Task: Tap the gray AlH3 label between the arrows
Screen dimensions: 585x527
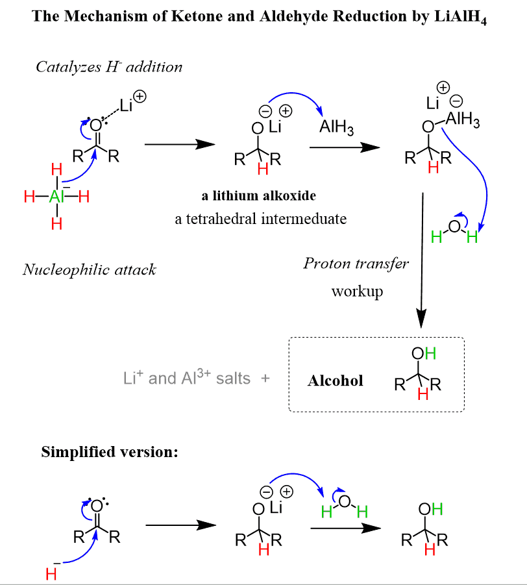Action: [336, 128]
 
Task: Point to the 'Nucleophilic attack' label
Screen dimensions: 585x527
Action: [90, 269]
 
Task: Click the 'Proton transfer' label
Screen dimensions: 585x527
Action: [356, 263]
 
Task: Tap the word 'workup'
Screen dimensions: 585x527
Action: [357, 290]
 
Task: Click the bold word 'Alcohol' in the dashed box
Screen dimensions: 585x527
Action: [335, 380]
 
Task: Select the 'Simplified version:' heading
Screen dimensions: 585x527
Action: [110, 452]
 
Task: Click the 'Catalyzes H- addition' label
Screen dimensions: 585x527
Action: [109, 66]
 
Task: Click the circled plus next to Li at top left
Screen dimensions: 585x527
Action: [140, 97]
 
